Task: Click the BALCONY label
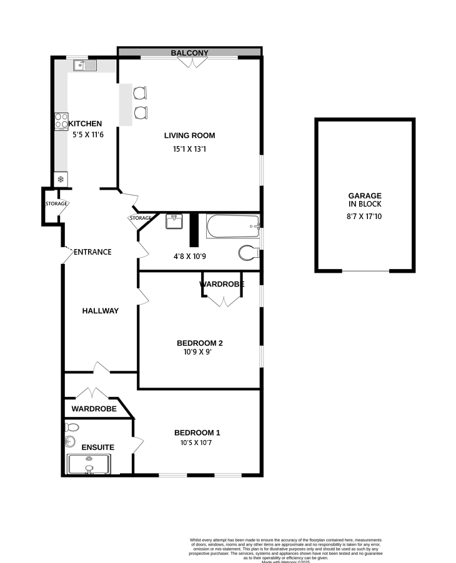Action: click(x=189, y=53)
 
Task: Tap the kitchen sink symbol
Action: click(x=84, y=65)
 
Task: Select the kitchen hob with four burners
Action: click(x=61, y=120)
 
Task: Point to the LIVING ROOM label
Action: click(x=189, y=135)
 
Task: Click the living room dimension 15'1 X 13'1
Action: click(x=189, y=149)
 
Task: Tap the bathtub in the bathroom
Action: click(x=232, y=226)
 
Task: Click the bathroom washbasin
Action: click(x=174, y=221)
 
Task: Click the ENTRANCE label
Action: click(x=92, y=252)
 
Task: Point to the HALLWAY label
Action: click(x=100, y=311)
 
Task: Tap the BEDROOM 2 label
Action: click(x=200, y=343)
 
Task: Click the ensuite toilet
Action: click(x=72, y=428)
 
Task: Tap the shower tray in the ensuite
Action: click(x=88, y=465)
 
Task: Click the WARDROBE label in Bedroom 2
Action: click(x=221, y=285)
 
